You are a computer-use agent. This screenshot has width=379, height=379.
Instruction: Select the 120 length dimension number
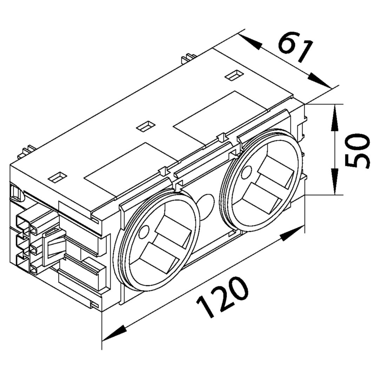(223, 297)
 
